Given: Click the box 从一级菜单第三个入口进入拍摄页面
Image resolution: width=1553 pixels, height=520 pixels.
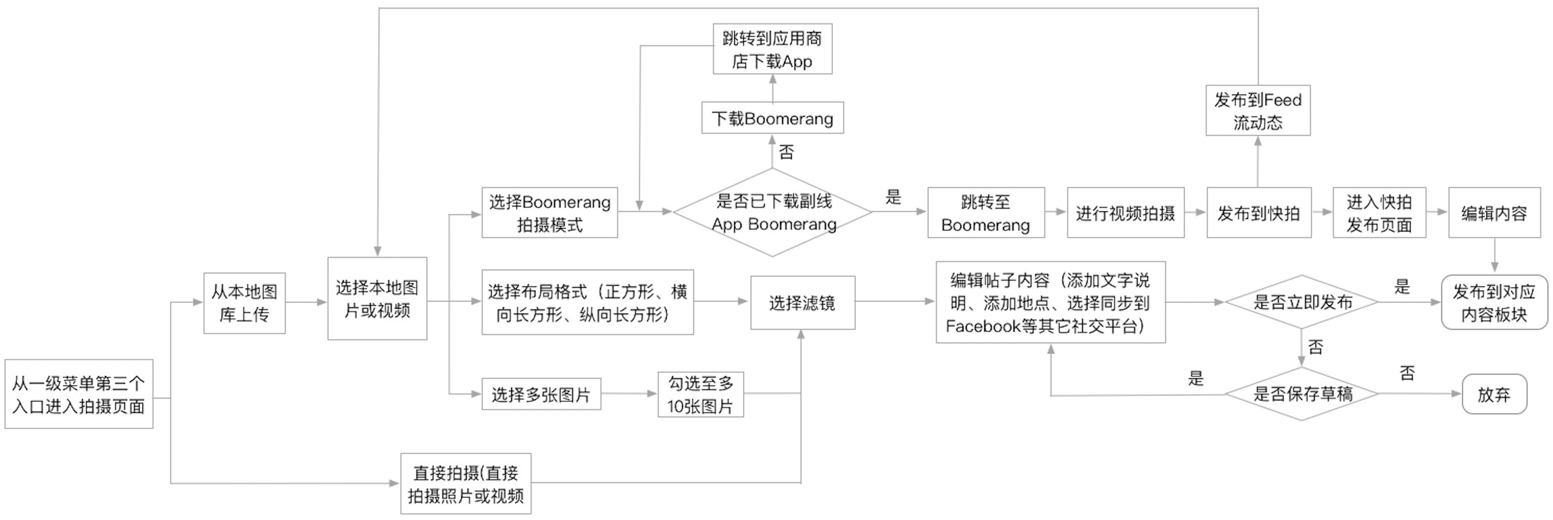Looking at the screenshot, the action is click(x=78, y=393).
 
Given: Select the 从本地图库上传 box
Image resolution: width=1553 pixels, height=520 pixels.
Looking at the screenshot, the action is click(x=244, y=303).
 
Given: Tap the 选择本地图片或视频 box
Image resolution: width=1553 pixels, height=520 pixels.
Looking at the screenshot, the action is click(x=377, y=298).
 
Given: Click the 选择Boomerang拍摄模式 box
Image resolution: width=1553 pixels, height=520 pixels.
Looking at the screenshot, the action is click(x=549, y=213).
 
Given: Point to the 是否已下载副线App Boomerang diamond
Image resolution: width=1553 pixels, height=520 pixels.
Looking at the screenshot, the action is click(x=772, y=212).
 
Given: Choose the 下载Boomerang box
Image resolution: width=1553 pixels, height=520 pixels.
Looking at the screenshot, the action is click(x=772, y=118).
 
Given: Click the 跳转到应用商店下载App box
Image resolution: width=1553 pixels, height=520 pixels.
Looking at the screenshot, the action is click(x=772, y=49).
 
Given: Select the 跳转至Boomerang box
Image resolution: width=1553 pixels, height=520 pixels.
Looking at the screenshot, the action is click(x=986, y=213).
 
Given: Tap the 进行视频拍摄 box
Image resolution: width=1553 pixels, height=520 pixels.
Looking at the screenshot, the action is click(x=1126, y=213).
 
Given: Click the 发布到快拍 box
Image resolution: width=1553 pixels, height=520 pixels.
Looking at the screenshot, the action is click(x=1259, y=213).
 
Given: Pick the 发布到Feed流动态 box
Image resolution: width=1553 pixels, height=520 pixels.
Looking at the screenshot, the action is click(x=1259, y=111).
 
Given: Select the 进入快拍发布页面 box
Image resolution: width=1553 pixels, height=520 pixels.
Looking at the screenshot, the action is click(x=1379, y=213).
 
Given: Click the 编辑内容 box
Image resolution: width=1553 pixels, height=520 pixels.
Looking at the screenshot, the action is click(x=1495, y=213).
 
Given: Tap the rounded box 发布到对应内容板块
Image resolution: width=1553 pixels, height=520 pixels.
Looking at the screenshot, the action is click(x=1495, y=302).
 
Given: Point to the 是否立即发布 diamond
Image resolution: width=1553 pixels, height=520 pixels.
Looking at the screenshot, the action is click(x=1302, y=302).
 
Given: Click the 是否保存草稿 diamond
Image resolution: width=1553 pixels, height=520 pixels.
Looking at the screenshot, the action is click(x=1302, y=394).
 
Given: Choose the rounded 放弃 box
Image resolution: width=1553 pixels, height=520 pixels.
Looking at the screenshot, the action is click(x=1495, y=394).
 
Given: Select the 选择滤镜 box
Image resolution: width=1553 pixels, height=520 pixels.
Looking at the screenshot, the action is click(x=803, y=302).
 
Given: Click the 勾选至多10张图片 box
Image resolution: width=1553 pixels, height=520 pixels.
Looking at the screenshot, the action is click(x=701, y=394).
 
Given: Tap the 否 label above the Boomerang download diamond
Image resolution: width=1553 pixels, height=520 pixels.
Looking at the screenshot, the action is click(x=786, y=152).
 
